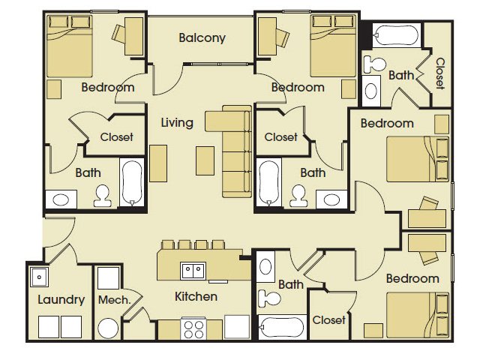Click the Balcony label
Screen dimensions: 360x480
[x=202, y=37]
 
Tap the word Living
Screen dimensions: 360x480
[x=177, y=122]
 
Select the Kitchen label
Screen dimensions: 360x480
[x=196, y=296]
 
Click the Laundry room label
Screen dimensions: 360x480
[x=61, y=300]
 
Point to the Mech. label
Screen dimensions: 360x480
[x=114, y=300]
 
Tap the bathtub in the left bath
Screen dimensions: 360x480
[x=131, y=183]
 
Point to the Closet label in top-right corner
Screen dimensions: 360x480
[x=440, y=73]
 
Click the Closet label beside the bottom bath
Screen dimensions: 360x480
[x=329, y=320]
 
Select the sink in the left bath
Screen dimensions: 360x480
[x=61, y=199]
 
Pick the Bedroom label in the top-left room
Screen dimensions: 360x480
[x=108, y=88]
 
